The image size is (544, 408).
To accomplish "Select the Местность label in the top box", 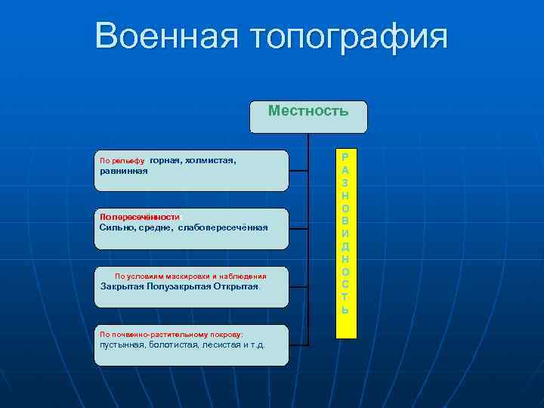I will (x=308, y=112).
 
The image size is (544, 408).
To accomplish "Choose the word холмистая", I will (x=213, y=160).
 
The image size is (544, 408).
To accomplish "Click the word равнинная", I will (x=124, y=171).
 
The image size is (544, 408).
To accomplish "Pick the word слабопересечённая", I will (x=223, y=227).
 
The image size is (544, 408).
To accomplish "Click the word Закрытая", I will (x=122, y=286).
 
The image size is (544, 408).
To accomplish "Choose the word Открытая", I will (x=236, y=286).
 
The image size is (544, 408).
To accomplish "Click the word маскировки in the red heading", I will (x=187, y=277).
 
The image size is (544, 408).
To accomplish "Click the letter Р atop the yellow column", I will (x=345, y=158).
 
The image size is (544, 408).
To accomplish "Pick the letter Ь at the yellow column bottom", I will (x=345, y=310).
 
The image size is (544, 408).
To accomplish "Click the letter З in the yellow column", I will (x=345, y=184).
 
